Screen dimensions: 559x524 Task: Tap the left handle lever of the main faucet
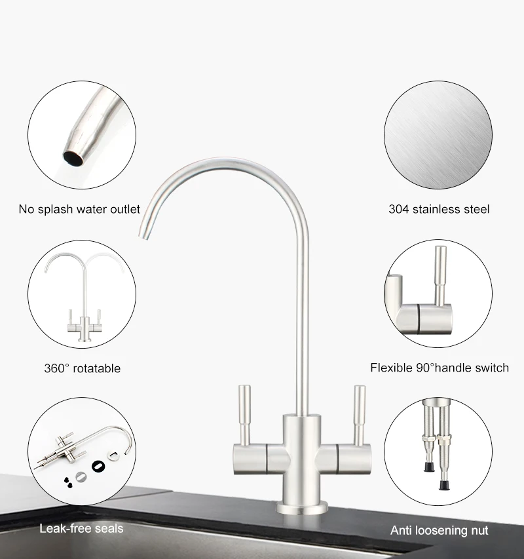pos(244,413)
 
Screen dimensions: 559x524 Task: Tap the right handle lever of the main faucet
pos(358,413)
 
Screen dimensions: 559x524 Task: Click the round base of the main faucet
pos(301,508)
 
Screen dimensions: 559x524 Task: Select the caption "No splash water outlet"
pos(79,210)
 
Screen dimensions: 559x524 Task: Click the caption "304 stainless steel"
pos(439,210)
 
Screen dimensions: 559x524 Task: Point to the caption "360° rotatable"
pos(83,368)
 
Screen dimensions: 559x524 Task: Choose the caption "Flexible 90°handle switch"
pos(440,368)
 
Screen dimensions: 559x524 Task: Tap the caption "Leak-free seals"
pos(81,528)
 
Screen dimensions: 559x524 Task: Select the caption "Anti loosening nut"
pos(440,530)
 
